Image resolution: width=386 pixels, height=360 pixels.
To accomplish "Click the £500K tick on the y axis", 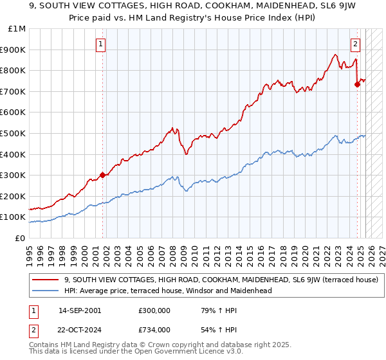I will pos(15,133).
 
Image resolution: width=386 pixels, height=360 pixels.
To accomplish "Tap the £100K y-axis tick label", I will pos(15,217).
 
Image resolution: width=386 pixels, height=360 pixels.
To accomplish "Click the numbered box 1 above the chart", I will pos(102,44).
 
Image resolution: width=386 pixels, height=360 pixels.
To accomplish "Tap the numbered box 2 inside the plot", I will pos(356,44).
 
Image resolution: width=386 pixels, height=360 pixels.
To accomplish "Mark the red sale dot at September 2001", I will pos(102,175).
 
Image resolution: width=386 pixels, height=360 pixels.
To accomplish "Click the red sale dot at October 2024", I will pos(357,84).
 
